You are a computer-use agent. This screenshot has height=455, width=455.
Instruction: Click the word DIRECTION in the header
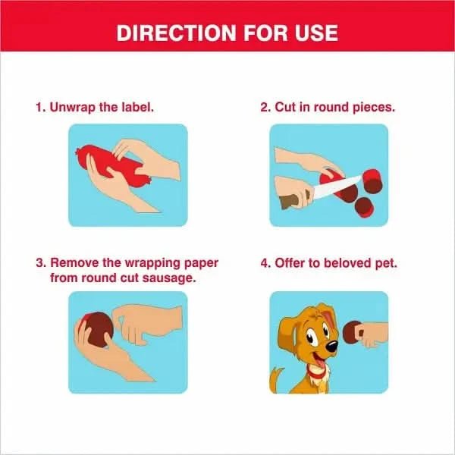(x=176, y=33)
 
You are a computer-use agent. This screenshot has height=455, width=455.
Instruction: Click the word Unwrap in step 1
(x=73, y=108)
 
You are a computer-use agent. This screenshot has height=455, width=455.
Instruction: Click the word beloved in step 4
(x=347, y=263)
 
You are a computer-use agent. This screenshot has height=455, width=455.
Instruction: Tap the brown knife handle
(x=290, y=200)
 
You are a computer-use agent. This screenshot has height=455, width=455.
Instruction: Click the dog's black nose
(x=331, y=346)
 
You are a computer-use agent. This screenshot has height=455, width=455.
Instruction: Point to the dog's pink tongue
(x=319, y=362)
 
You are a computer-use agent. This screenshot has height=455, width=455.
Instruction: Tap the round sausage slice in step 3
(x=98, y=330)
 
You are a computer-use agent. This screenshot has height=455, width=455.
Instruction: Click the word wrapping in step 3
(x=153, y=263)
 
